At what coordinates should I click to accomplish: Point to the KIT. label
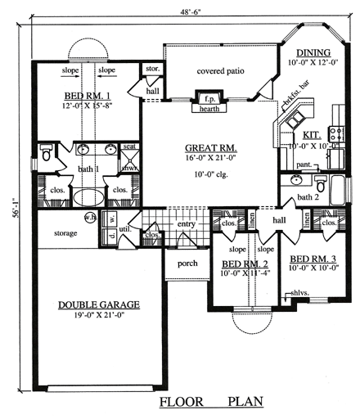point(311,134)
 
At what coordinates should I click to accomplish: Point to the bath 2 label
point(307,197)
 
